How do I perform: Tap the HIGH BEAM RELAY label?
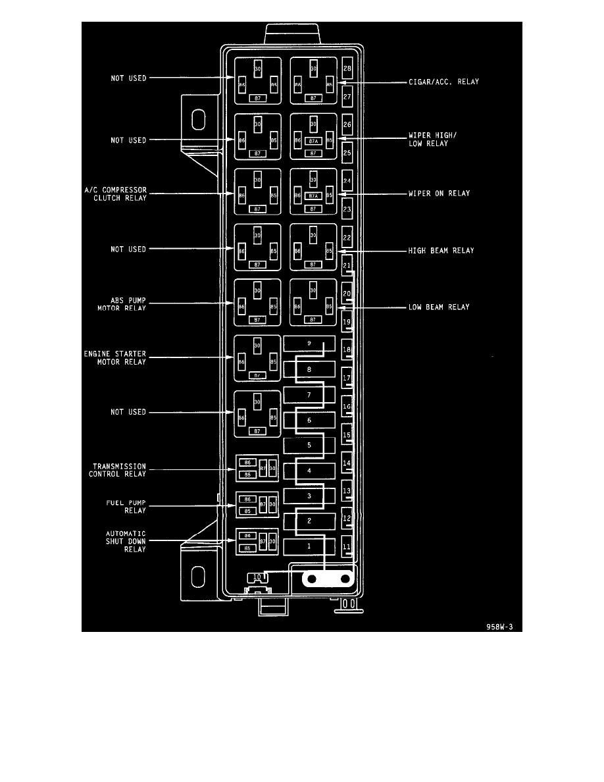[440, 251]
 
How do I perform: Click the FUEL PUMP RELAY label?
[126, 506]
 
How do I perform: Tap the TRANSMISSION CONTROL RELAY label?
[118, 470]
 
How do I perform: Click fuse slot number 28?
[347, 68]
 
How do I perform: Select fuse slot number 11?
[347, 546]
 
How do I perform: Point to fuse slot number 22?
[347, 238]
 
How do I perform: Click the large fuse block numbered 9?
[309, 344]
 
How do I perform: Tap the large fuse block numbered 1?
[309, 546]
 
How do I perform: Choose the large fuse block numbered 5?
[309, 445]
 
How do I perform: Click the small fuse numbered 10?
[257, 577]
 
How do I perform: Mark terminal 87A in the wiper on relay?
[313, 195]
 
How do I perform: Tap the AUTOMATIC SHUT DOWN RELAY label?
[126, 542]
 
